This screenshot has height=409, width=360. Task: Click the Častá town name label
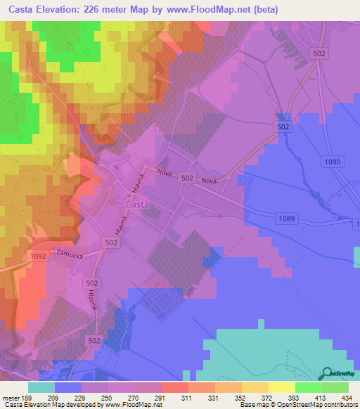pos(137,204)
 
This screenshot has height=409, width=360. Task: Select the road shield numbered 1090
pos(333,162)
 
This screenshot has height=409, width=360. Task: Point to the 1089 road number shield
pos(286,219)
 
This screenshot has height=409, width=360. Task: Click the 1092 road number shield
pos(39,257)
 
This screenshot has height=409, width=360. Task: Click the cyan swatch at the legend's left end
pos(41,387)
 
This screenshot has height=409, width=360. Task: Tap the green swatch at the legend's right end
pos(335,387)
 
